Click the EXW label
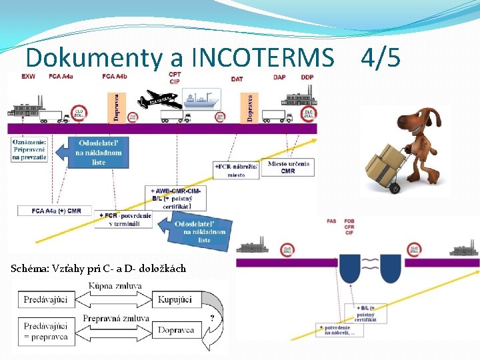point(29,76)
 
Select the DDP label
point(307,77)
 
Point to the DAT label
point(237,78)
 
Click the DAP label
point(280,77)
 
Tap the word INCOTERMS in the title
point(262,58)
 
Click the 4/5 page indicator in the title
point(381,58)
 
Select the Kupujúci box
point(175,299)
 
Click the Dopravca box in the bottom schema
point(176,329)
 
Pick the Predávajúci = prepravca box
point(45,331)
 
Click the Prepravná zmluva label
point(115,318)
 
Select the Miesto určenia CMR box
point(287,167)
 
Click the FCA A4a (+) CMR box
point(57,211)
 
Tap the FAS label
point(331,221)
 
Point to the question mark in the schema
point(212,318)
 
